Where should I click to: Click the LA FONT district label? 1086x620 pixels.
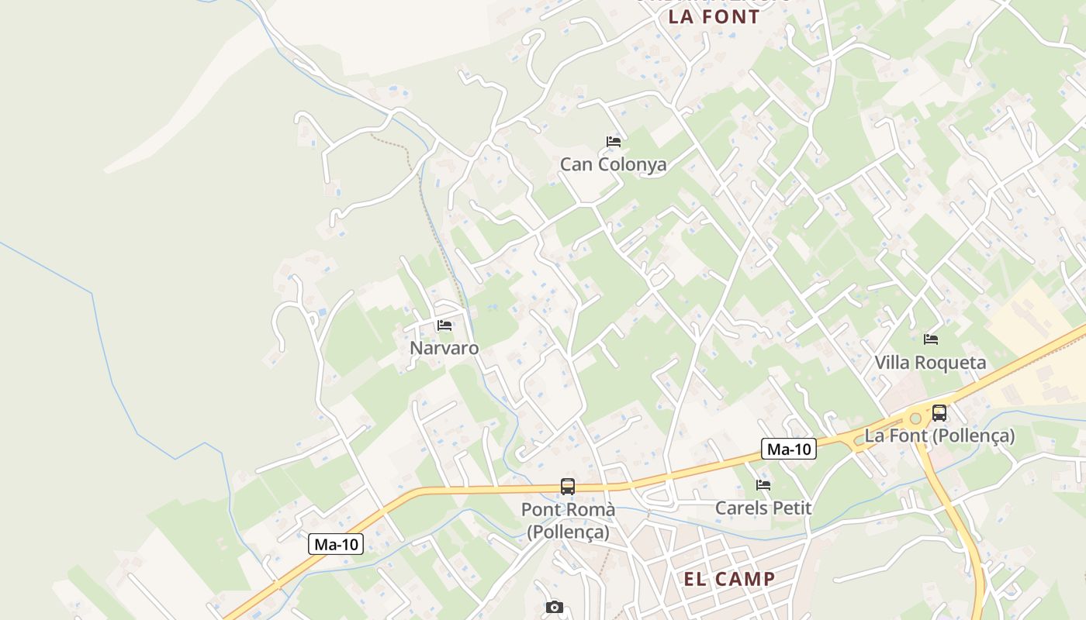click(714, 17)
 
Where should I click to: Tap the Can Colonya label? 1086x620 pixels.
click(613, 164)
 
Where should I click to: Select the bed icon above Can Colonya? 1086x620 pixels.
click(614, 142)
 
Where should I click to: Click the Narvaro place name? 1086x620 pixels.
click(444, 348)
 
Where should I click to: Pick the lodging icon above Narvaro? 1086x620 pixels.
click(444, 325)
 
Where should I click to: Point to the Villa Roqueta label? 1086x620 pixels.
click(930, 362)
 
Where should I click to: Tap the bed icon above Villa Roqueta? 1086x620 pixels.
click(931, 339)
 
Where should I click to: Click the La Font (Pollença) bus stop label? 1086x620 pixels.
click(939, 436)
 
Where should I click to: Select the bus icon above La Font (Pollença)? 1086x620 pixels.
click(939, 412)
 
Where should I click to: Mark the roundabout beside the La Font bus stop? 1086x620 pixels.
click(915, 419)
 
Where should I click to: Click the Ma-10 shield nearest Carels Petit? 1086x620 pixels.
click(789, 449)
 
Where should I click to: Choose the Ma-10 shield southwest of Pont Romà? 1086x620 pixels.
click(337, 544)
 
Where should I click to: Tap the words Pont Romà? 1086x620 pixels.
click(568, 509)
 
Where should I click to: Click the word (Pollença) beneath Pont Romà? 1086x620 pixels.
click(568, 532)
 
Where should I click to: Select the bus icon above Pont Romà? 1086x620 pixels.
click(568, 487)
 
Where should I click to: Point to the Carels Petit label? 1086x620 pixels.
click(763, 508)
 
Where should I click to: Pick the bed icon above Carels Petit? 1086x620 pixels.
click(763, 486)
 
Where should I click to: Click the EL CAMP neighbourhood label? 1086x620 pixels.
click(729, 579)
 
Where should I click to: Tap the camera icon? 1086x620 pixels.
click(554, 607)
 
